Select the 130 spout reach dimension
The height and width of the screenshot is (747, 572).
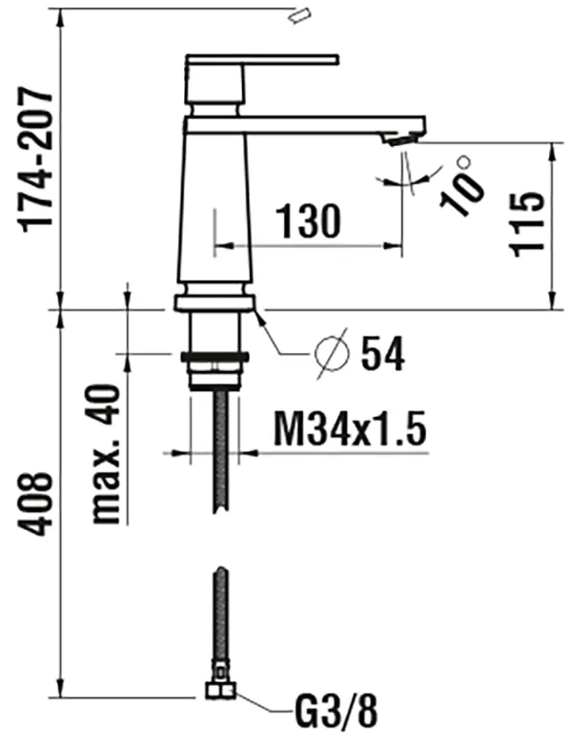pyautogui.click(x=307, y=221)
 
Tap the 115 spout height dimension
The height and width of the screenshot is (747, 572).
pyautogui.click(x=526, y=221)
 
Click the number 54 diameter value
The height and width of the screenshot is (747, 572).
pyautogui.click(x=382, y=355)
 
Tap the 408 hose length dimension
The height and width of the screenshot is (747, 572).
pyautogui.click(x=36, y=501)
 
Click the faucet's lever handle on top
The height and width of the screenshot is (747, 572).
pyautogui.click(x=262, y=60)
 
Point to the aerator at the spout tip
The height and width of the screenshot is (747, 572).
pyautogui.click(x=400, y=139)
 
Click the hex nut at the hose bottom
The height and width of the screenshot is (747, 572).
pyautogui.click(x=218, y=692)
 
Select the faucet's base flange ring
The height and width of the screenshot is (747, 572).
pyautogui.click(x=214, y=303)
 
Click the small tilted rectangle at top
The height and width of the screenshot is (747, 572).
pyautogui.click(x=301, y=13)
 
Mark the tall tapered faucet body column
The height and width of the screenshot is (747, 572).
pyautogui.click(x=215, y=205)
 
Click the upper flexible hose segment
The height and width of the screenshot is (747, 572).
pyautogui.click(x=221, y=448)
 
